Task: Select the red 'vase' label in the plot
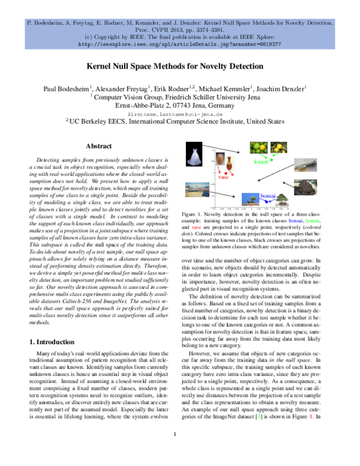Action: [224, 178]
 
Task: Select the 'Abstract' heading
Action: [99, 146]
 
